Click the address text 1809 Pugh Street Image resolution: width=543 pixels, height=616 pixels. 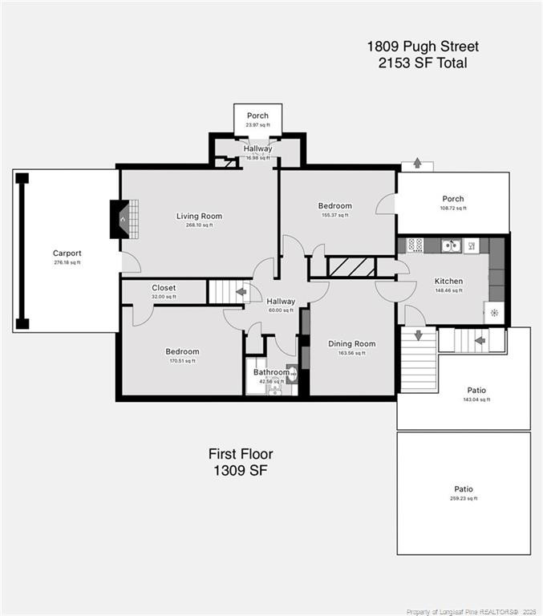[423, 47]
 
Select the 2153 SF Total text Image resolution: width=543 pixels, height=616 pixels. [423, 63]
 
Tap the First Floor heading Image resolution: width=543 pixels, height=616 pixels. [237, 454]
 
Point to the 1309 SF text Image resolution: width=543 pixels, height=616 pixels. [237, 471]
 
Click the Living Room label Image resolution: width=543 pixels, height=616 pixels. [200, 216]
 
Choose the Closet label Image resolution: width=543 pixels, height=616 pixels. [164, 287]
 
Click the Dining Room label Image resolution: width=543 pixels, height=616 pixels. [351, 343]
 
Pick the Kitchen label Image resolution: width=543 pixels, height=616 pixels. [448, 281]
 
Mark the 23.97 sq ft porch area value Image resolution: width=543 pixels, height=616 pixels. [257, 125]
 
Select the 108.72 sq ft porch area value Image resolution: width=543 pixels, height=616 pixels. [453, 209]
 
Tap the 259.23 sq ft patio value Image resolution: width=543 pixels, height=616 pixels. [464, 498]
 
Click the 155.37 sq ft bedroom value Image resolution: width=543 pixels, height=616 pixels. [334, 215]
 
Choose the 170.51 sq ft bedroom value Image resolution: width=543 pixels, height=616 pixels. [182, 361]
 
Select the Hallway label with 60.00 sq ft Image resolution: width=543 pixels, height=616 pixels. [282, 302]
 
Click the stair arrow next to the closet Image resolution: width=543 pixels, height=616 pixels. [240, 291]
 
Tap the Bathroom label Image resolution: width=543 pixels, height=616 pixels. [271, 372]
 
